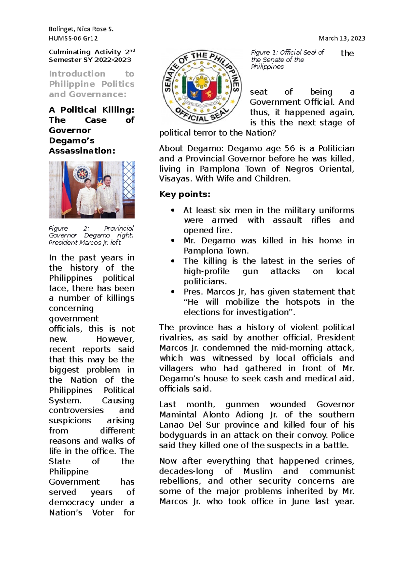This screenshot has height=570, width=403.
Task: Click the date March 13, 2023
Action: click(342, 38)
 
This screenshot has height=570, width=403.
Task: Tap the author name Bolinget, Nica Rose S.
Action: click(81, 29)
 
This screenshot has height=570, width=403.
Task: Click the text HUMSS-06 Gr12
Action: click(73, 38)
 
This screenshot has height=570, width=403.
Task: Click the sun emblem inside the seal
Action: click(201, 82)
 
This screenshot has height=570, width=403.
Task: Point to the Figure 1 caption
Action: click(287, 59)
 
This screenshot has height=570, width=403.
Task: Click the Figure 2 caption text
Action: click(91, 235)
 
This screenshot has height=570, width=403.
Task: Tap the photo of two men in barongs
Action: click(92, 190)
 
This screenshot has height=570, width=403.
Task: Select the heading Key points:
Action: click(185, 194)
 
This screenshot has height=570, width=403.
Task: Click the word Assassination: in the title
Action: click(82, 151)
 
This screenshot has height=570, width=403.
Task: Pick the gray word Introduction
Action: click(77, 74)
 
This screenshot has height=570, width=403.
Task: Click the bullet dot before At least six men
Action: click(173, 210)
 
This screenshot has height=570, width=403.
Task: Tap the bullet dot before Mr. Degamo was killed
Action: click(173, 241)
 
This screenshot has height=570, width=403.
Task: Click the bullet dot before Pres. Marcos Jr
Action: click(173, 292)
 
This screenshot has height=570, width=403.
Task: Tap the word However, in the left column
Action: click(115, 339)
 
